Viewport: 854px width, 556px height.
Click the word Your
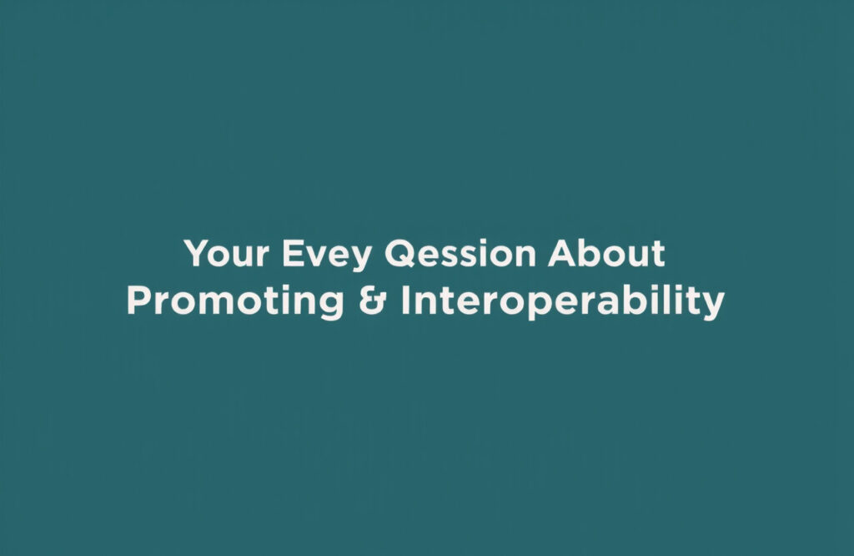coord(225,254)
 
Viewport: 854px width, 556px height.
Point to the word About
coord(606,254)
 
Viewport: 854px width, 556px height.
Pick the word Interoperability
coord(562,302)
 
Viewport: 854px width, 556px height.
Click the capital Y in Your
coord(195,254)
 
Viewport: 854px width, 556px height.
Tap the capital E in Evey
coord(292,254)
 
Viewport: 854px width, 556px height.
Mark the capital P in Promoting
coord(138,302)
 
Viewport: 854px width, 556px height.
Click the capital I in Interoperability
coord(406,302)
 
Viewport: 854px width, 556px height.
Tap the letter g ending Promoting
coord(331,306)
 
